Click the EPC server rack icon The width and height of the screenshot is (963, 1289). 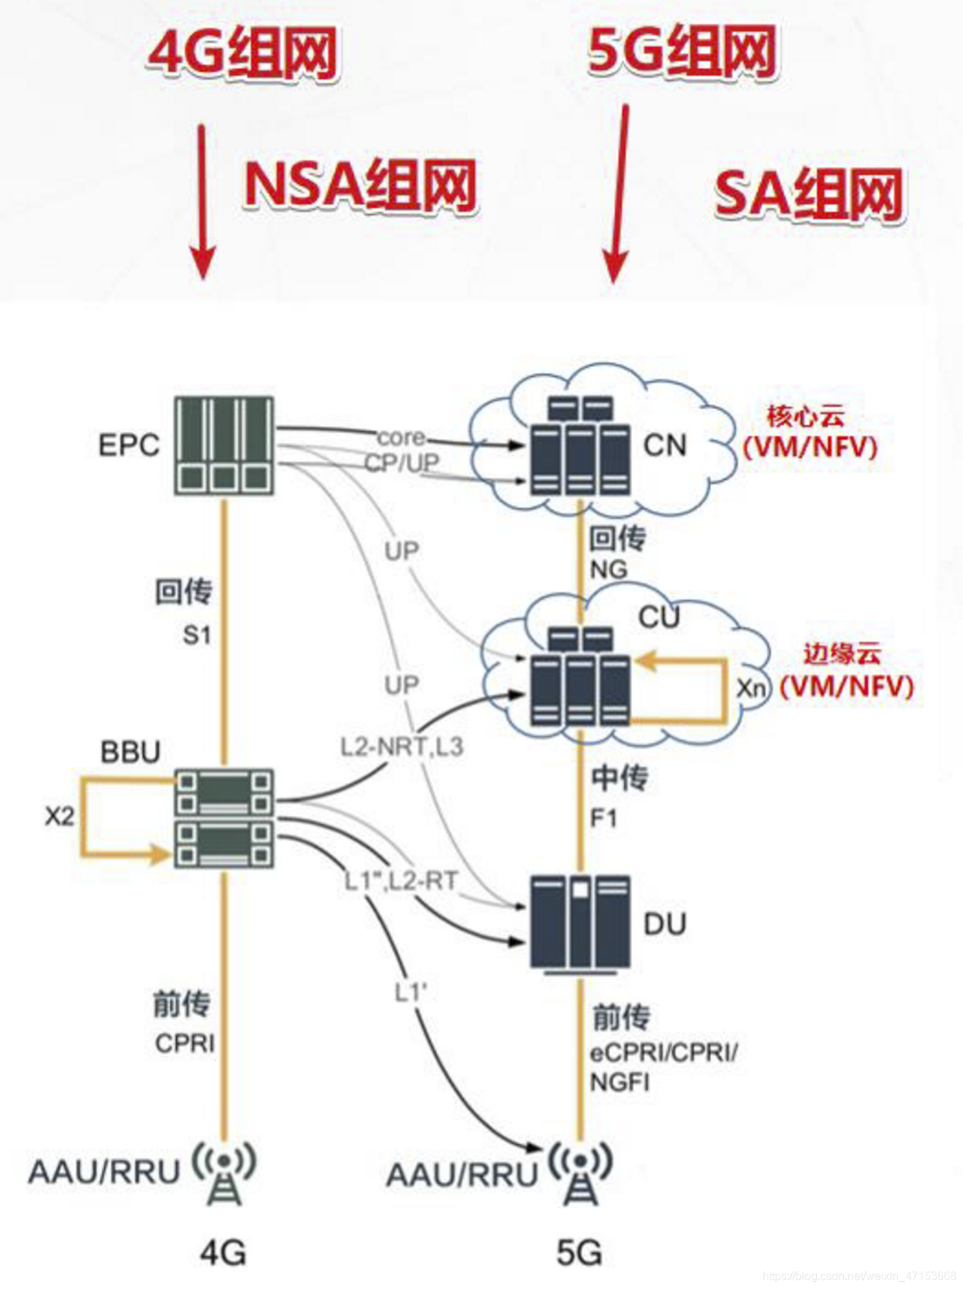tap(225, 446)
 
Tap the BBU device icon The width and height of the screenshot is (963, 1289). tap(225, 818)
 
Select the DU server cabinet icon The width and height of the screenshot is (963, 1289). tap(580, 924)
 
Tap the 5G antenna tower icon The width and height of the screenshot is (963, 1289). tap(581, 1174)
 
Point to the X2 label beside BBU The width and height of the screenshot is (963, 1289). tap(59, 816)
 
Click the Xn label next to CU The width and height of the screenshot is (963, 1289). tap(751, 689)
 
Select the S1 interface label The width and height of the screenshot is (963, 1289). tap(197, 635)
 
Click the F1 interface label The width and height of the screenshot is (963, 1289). tap(603, 818)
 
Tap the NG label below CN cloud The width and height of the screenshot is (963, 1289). tap(608, 570)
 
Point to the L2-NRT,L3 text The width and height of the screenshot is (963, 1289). tap(402, 747)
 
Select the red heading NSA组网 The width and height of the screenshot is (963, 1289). tap(360, 184)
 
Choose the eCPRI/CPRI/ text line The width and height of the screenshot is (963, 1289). tap(663, 1053)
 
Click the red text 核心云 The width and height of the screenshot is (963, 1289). tap(805, 415)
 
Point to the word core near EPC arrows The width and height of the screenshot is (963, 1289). tap(401, 437)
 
